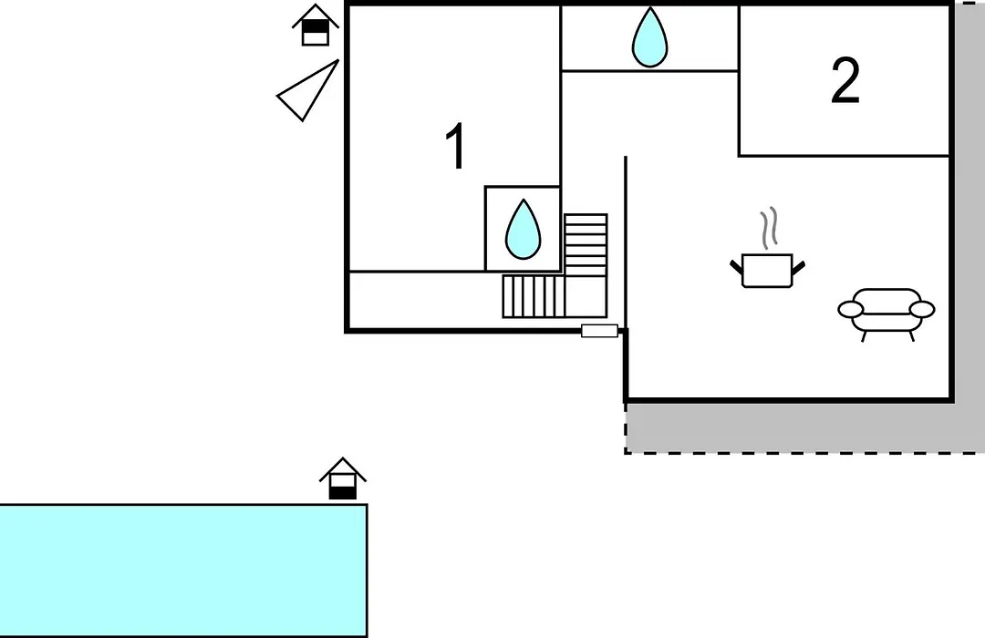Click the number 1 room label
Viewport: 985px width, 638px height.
(455, 146)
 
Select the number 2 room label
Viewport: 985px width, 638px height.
(845, 81)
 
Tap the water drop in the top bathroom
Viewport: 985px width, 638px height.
(649, 37)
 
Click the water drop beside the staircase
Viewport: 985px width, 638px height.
(524, 229)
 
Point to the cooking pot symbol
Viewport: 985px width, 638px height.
(767, 270)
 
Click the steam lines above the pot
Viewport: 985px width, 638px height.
(769, 229)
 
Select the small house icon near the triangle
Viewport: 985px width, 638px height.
(316, 26)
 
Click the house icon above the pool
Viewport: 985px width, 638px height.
(342, 479)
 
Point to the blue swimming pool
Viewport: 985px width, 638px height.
(182, 571)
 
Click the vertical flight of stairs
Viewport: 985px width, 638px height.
(586, 245)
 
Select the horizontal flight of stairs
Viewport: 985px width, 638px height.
(534, 296)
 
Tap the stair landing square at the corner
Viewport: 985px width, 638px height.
(586, 296)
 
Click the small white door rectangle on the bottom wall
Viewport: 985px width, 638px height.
(599, 331)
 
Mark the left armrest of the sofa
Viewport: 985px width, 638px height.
(851, 309)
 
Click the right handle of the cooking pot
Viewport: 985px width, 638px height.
(798, 268)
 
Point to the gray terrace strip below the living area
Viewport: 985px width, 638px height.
(805, 427)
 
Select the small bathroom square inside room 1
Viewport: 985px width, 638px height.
(523, 229)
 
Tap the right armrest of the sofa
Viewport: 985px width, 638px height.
(922, 309)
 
